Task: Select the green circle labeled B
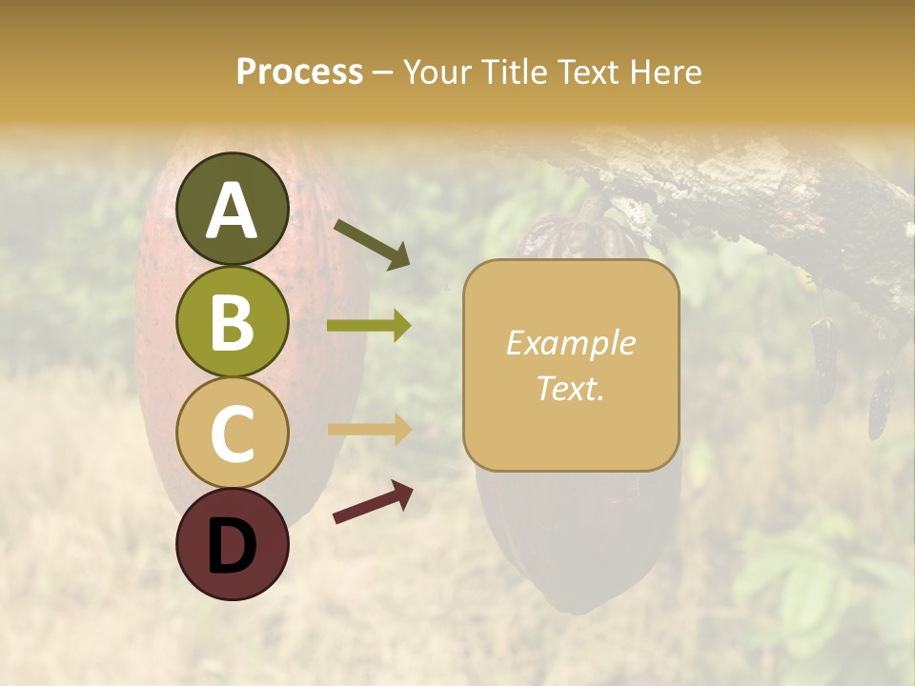click(x=232, y=321)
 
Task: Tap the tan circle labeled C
click(x=232, y=433)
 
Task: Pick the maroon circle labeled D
click(x=232, y=544)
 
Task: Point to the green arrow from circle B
click(x=369, y=326)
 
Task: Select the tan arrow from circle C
click(x=369, y=430)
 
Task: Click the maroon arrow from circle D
click(x=373, y=502)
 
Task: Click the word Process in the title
click(x=299, y=72)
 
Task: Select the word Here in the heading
click(x=666, y=72)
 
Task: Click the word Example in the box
click(x=570, y=343)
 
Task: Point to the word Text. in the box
click(x=570, y=388)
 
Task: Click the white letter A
click(x=232, y=212)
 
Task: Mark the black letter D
click(x=232, y=546)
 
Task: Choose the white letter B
click(x=232, y=323)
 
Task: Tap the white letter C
click(x=232, y=434)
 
